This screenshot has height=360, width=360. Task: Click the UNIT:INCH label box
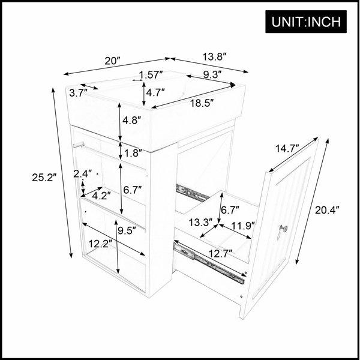306,22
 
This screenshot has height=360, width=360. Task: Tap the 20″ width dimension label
113,61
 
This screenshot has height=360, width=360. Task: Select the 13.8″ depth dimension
215,57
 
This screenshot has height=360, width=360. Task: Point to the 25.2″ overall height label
44,178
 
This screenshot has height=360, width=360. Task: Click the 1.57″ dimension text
151,74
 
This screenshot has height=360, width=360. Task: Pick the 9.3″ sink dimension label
212,74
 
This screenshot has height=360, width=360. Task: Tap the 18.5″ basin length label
202,103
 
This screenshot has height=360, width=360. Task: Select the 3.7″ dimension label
79,93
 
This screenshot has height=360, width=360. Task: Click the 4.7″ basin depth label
155,92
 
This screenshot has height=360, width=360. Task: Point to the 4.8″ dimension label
131,120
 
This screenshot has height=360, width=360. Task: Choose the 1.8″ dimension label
133,153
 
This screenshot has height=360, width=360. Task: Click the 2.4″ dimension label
83,174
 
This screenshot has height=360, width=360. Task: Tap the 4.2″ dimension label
101,196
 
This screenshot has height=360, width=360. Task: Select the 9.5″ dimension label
127,230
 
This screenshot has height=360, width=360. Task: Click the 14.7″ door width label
287,149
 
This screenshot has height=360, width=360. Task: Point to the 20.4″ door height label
327,210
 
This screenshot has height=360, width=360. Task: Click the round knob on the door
284,228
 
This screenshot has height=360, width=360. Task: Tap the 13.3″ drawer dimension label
201,222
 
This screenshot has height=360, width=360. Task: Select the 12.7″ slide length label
221,253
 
